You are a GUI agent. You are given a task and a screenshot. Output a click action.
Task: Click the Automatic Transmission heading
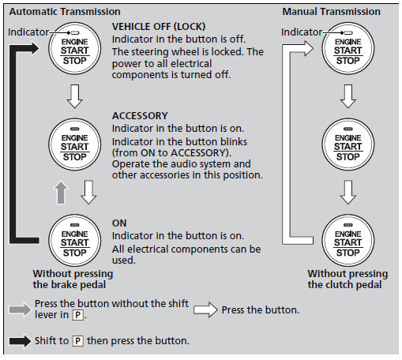click(62, 12)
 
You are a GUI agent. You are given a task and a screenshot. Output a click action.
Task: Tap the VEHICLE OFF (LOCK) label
click(163, 27)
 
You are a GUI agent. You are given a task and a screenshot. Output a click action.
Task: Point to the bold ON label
click(119, 223)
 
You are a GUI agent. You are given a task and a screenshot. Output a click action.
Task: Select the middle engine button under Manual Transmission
click(348, 144)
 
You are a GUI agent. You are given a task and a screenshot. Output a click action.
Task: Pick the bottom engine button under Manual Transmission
click(348, 242)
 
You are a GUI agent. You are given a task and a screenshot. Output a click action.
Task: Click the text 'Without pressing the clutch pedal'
click(346, 279)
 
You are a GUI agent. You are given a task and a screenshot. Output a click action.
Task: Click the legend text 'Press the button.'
click(260, 310)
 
